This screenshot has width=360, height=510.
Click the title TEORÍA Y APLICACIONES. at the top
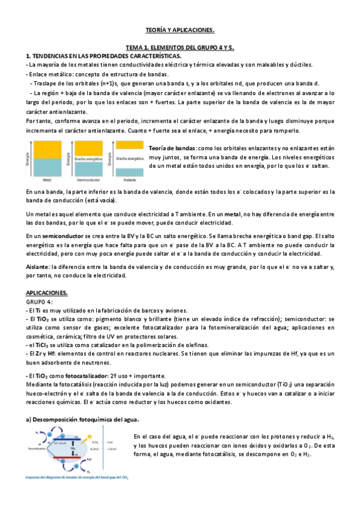[x=180, y=29]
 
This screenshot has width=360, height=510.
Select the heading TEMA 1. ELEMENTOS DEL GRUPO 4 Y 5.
[x=180, y=47]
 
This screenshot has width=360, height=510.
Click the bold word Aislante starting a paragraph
[x=38, y=266]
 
